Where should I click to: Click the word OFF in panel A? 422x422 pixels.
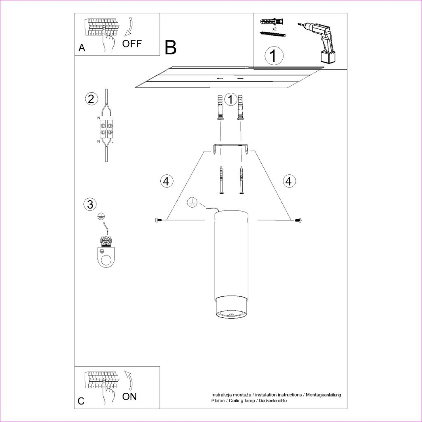[x=132, y=44]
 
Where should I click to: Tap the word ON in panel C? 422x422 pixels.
[x=129, y=396]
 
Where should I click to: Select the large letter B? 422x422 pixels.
[x=170, y=47]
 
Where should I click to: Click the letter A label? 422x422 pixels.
[x=82, y=48]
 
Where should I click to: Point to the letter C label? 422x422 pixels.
[x=81, y=401]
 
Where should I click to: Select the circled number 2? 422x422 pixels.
[x=91, y=99]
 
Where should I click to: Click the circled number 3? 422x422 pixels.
[x=90, y=204]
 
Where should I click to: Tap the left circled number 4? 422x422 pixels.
[x=166, y=181]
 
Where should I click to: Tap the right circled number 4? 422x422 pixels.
[x=288, y=181]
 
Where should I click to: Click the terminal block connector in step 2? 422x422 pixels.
[x=107, y=129]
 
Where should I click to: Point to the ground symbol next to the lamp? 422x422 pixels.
[x=192, y=203]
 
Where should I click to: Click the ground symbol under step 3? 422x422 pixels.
[x=101, y=217]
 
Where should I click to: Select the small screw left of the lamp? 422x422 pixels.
[x=159, y=220]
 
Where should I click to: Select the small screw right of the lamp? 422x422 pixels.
[x=298, y=220]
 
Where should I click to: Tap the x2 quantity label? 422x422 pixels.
[x=274, y=28]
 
